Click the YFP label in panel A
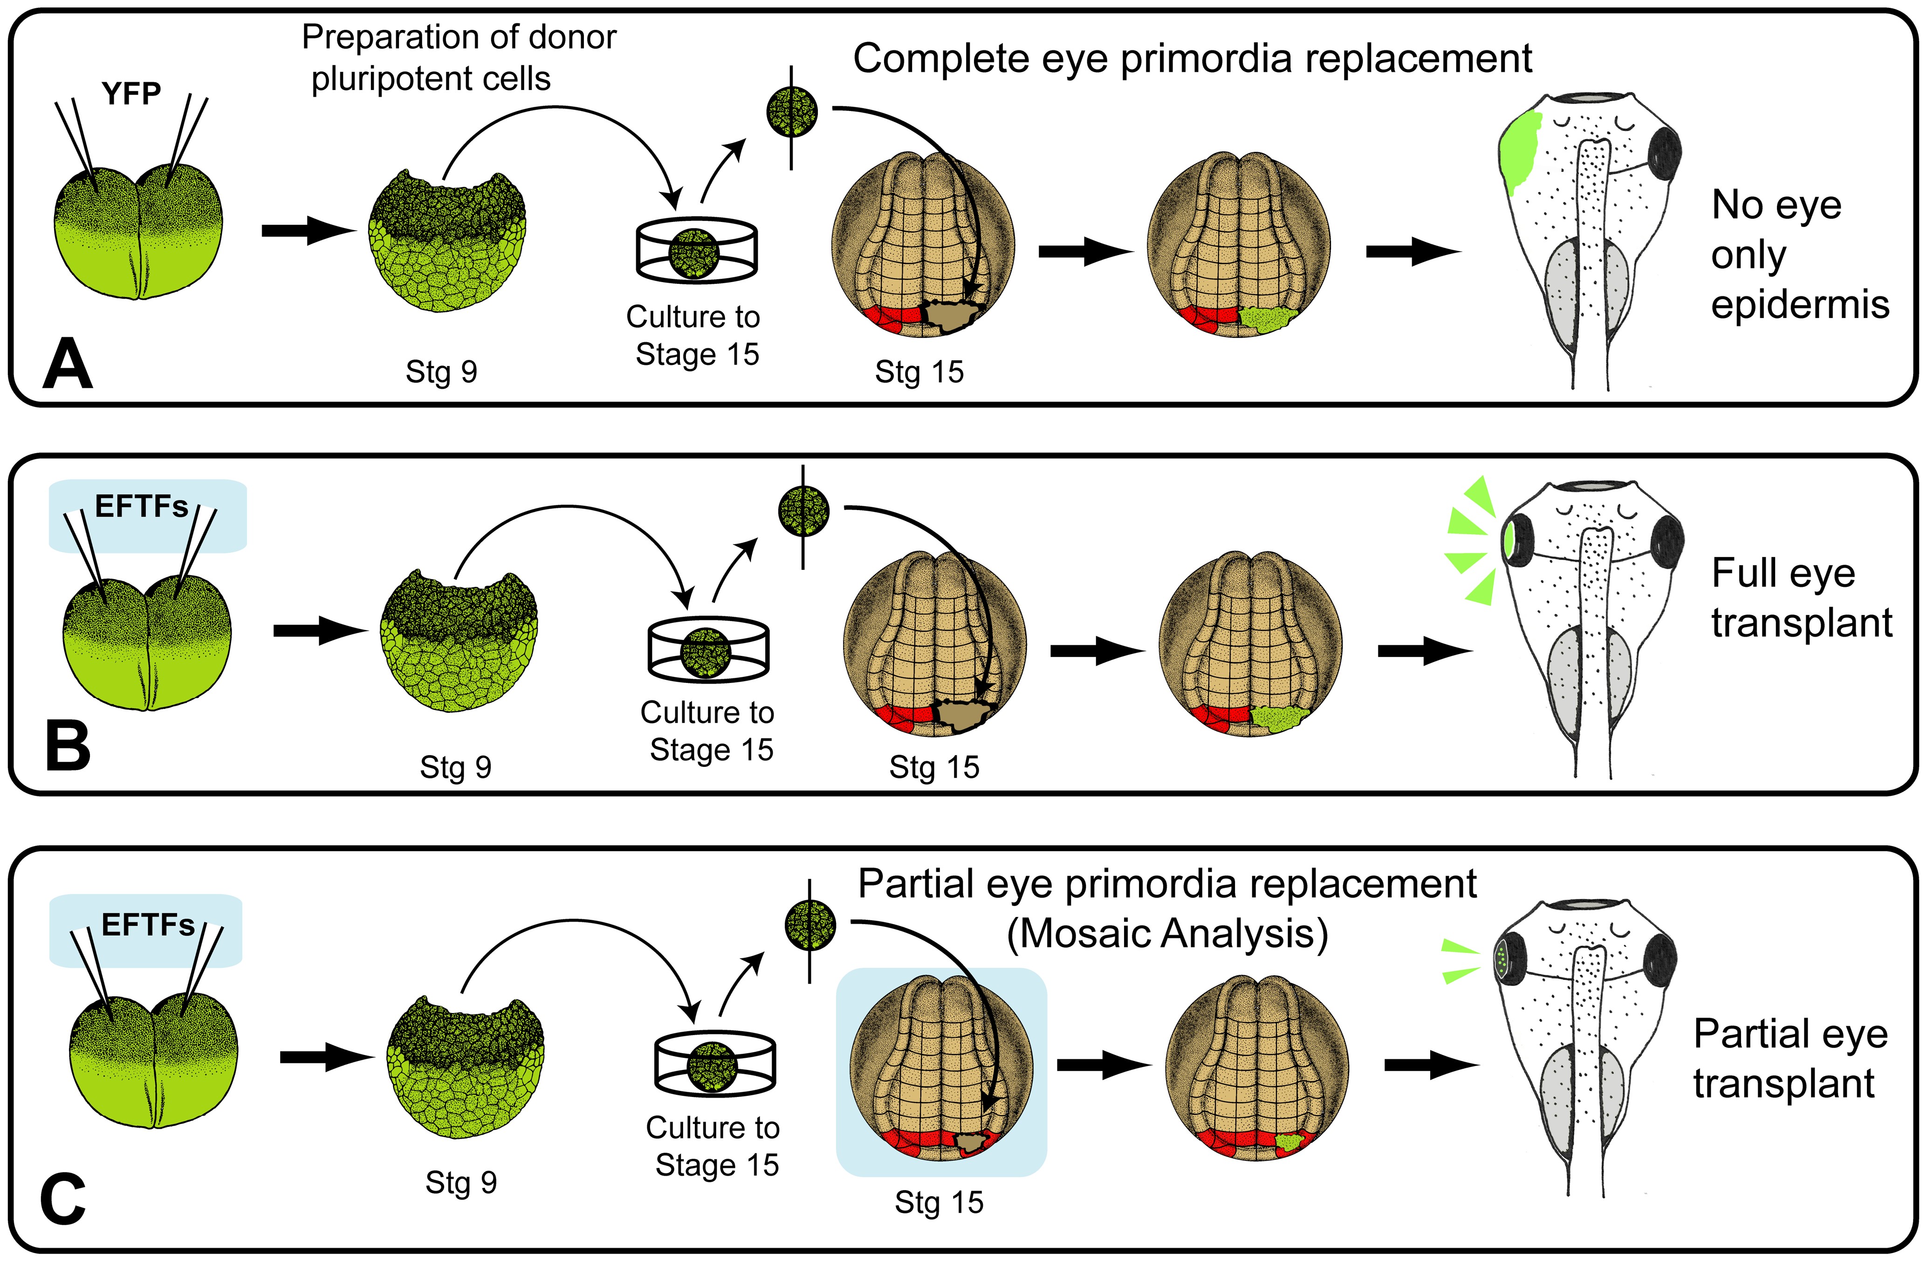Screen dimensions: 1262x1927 click(x=131, y=94)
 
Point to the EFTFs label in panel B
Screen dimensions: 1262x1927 click(x=142, y=507)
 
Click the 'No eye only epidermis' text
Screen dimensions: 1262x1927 click(x=1799, y=255)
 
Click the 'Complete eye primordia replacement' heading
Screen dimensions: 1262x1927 click(x=1192, y=58)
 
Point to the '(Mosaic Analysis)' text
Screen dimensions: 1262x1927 click(x=1167, y=933)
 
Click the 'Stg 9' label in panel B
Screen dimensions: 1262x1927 click(x=456, y=767)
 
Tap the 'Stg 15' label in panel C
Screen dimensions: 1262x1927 click(x=939, y=1202)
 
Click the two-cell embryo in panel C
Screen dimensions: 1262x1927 click(x=154, y=1061)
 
